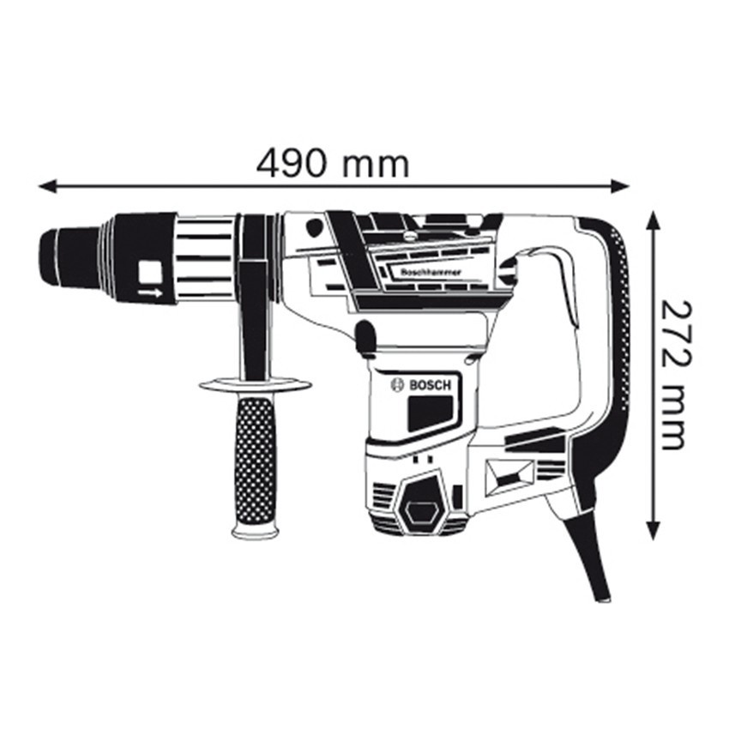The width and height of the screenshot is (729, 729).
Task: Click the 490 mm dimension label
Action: [333, 163]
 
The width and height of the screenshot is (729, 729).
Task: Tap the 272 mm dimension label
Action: [673, 375]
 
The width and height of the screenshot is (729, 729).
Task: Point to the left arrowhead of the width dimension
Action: [47, 186]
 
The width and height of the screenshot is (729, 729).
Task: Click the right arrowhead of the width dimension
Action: [620, 186]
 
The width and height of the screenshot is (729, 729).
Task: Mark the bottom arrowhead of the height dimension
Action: [654, 531]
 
